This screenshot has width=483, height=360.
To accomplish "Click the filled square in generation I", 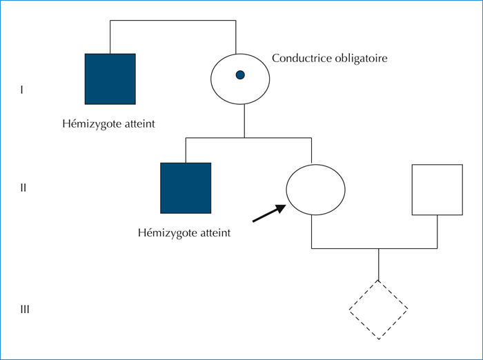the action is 110,79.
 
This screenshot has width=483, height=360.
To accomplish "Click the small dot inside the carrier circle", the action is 240,75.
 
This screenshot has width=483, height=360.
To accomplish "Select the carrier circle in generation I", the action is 210,79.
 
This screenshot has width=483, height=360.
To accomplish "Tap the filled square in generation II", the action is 186,188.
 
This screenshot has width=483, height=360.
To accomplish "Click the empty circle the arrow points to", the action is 286,190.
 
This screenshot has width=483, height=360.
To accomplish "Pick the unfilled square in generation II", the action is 412,190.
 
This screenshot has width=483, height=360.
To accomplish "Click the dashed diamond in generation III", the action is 364,294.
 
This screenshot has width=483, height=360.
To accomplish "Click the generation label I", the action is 21,90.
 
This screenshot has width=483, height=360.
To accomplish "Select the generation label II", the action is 23,188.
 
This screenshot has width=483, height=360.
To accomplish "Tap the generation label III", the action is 25,310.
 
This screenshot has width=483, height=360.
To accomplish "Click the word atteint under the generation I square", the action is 139,124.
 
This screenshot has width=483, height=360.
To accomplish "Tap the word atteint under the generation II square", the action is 215,233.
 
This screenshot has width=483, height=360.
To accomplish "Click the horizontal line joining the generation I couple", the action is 173,20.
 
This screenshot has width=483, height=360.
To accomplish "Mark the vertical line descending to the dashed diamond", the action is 379,264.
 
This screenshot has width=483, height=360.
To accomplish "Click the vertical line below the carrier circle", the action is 244,121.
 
